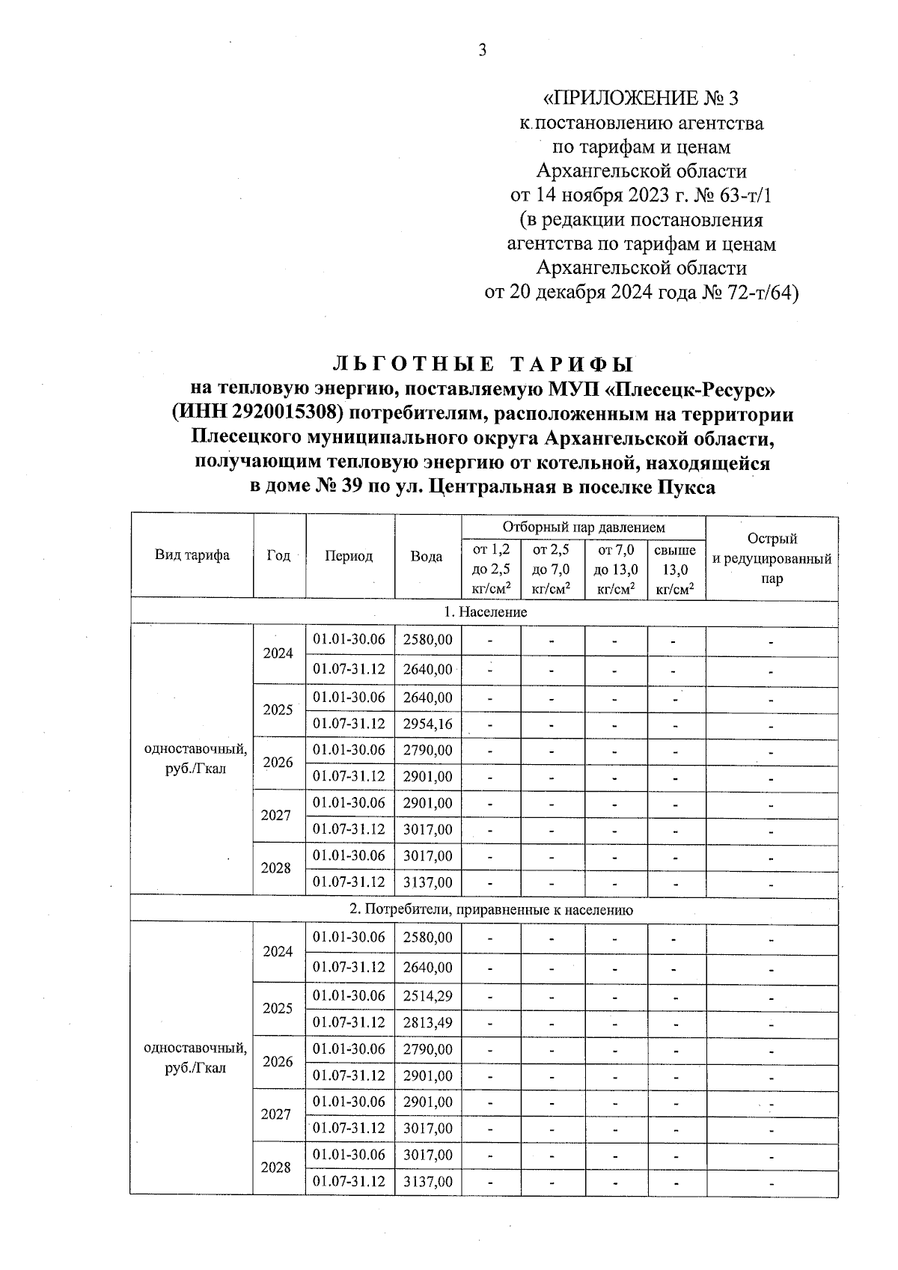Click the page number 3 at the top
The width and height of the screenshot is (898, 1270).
[x=482, y=50]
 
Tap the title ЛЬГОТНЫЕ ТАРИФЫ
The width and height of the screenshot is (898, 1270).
[x=483, y=364]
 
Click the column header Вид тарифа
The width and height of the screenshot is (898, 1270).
[x=192, y=555]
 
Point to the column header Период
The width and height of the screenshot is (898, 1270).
[x=349, y=556]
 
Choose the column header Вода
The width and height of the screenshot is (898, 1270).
[x=427, y=556]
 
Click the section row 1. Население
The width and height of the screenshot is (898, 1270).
[x=485, y=612]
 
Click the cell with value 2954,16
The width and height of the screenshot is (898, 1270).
[x=427, y=724]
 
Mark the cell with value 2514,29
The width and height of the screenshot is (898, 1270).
[x=427, y=996]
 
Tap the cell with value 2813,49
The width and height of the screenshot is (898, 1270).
[x=427, y=1022]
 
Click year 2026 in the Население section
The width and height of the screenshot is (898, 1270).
[x=278, y=763]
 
